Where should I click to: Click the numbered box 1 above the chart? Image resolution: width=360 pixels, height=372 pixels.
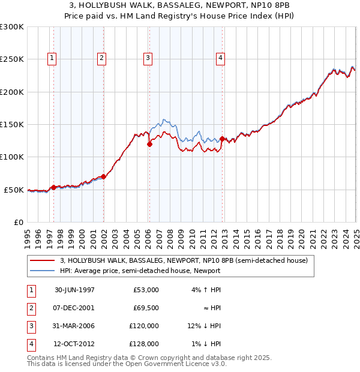(x=53, y=58)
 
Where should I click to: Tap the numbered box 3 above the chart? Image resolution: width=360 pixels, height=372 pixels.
(x=147, y=58)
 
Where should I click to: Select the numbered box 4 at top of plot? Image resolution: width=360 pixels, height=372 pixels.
(x=221, y=58)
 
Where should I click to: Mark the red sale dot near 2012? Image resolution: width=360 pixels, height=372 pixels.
(x=222, y=139)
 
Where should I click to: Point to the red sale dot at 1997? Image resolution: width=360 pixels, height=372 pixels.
(x=53, y=187)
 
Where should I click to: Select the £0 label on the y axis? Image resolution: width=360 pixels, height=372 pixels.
(x=18, y=222)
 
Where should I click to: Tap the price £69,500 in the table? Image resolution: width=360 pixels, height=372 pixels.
(x=146, y=308)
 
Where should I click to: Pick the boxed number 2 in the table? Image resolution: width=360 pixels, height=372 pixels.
(x=30, y=308)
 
